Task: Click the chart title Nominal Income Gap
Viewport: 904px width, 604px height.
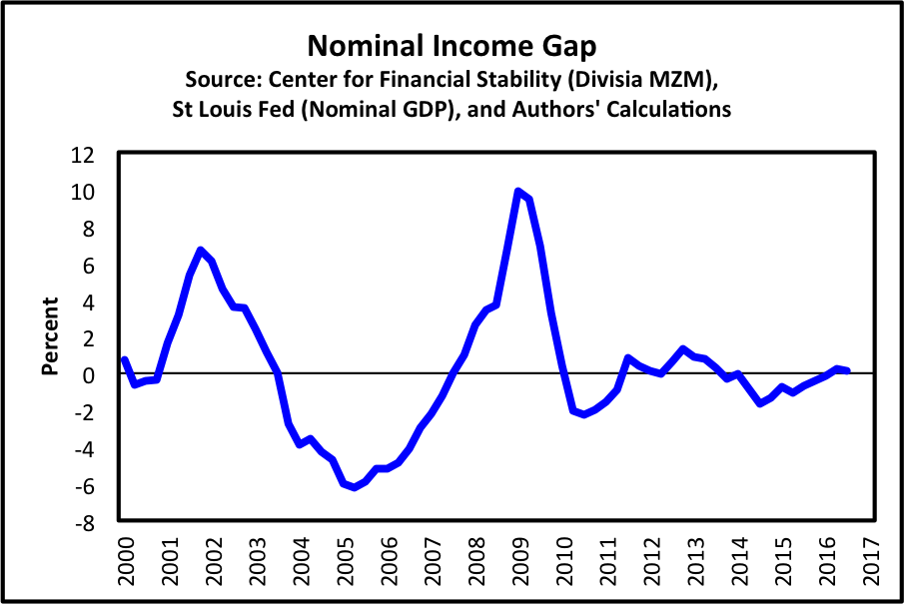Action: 452,46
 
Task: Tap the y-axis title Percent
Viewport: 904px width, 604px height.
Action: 48,335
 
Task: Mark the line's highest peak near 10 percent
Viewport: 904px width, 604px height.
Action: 517,191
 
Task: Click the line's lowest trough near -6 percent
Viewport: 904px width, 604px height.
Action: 354,487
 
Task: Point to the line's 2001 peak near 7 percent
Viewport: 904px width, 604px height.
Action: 200,250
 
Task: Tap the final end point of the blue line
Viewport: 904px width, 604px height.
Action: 847,370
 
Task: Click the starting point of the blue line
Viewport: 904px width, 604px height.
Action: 123,359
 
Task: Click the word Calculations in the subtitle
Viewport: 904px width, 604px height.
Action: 660,109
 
